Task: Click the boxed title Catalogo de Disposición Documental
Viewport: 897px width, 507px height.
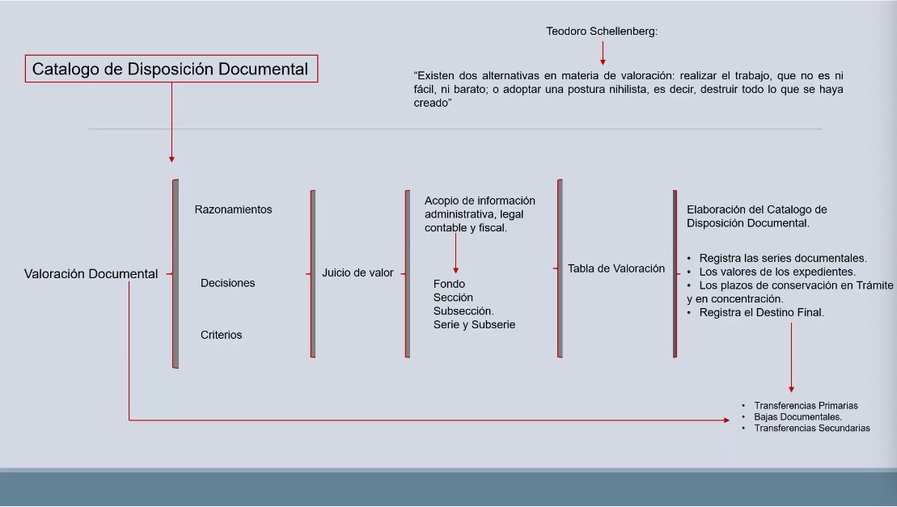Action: coord(170,70)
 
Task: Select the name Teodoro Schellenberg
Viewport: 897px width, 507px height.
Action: coord(602,32)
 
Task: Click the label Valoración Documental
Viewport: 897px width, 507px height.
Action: coord(91,274)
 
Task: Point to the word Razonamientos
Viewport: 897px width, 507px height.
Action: coord(233,209)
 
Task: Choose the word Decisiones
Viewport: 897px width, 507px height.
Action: coord(227,283)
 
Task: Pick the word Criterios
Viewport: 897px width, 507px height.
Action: coord(221,335)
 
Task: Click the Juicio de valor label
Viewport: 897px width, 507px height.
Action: coord(358,273)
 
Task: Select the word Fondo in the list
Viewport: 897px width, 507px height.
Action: coord(449,284)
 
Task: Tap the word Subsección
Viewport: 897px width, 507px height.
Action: coord(463,311)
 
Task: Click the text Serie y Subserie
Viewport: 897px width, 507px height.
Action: coord(474,324)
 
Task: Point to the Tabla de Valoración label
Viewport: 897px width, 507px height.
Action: coord(616,268)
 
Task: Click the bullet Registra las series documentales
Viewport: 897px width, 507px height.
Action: coord(782,258)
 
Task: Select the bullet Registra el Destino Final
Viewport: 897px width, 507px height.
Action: coord(761,312)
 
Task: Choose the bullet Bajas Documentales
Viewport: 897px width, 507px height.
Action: coord(798,417)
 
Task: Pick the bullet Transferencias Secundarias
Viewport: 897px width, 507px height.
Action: coord(812,428)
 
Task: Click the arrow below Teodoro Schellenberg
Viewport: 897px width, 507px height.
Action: coord(603,53)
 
